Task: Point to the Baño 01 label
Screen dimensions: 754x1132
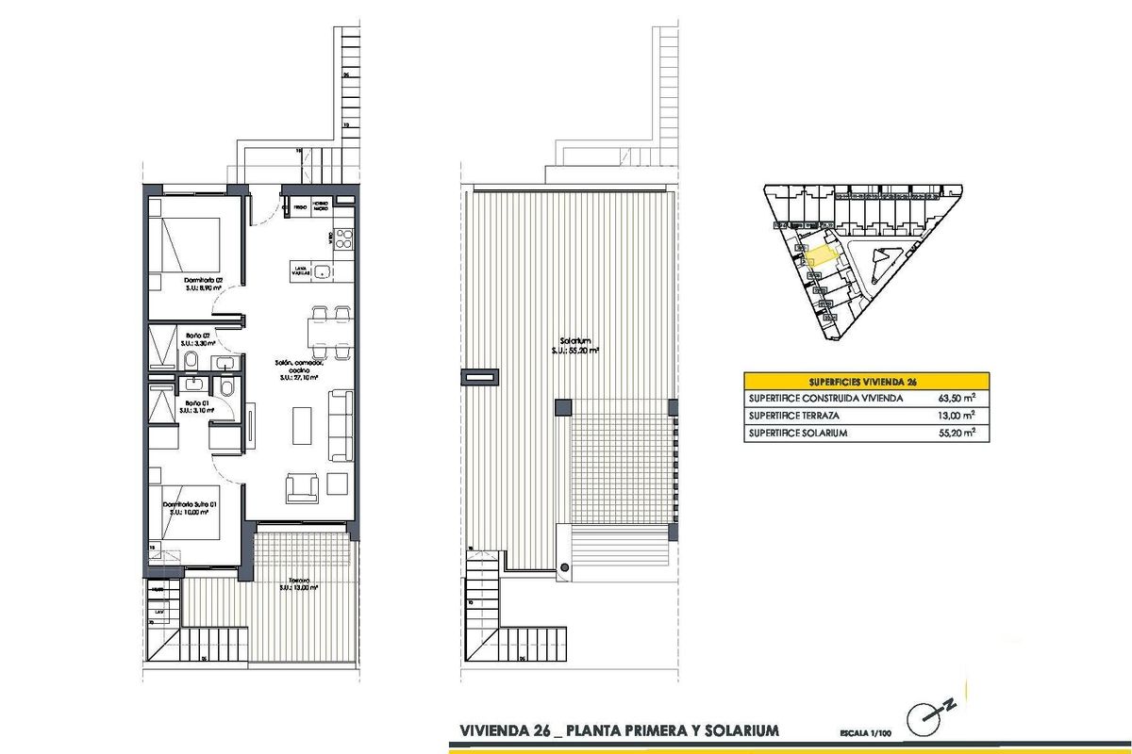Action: click(x=197, y=405)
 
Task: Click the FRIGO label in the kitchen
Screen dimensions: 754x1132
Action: click(x=299, y=205)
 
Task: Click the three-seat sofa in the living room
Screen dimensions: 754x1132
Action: click(x=338, y=424)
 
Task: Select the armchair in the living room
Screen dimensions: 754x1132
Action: click(x=302, y=486)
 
